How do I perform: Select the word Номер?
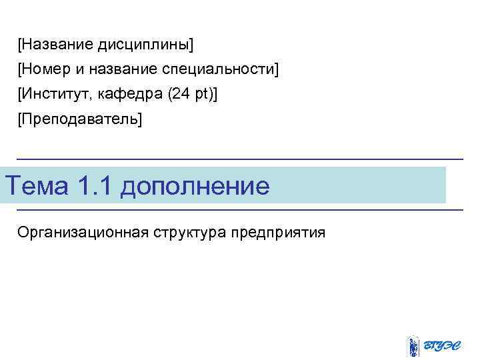[44, 69]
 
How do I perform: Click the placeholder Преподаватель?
[81, 119]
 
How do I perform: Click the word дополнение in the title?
[195, 185]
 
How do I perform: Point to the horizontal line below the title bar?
[240, 210]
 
